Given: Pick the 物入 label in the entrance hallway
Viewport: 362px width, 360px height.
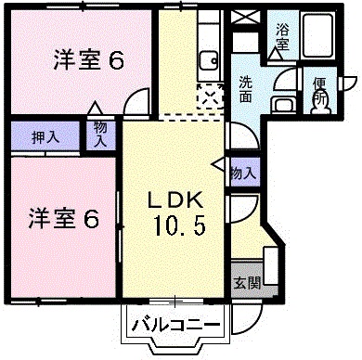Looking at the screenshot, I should click(242, 173).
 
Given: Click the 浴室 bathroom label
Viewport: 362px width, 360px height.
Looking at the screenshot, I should click(281, 34).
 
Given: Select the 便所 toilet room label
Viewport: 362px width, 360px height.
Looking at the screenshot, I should click(320, 90).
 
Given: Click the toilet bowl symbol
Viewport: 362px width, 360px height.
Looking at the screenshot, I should click(321, 106).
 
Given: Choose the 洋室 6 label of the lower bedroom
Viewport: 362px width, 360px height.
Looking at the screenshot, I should click(62, 220).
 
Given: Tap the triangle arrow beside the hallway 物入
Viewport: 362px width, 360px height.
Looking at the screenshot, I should click(218, 168).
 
